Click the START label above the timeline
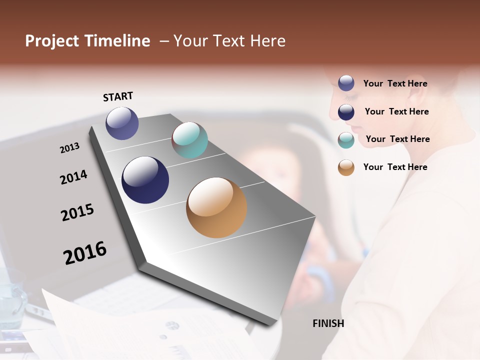[118, 96]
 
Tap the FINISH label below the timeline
[328, 323]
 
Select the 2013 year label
[69, 148]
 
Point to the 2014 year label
[73, 177]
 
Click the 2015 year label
[77, 212]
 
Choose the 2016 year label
[85, 252]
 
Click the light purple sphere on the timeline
[122, 123]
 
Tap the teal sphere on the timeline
[189, 140]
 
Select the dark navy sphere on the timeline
[145, 180]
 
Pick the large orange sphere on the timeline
[216, 207]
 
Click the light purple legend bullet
[346, 83]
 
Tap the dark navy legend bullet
[346, 111]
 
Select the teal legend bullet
[346, 140]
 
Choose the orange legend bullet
[346, 167]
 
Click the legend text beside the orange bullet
[395, 167]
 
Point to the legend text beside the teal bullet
[397, 139]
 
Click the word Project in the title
[52, 41]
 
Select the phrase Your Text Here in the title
[229, 41]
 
